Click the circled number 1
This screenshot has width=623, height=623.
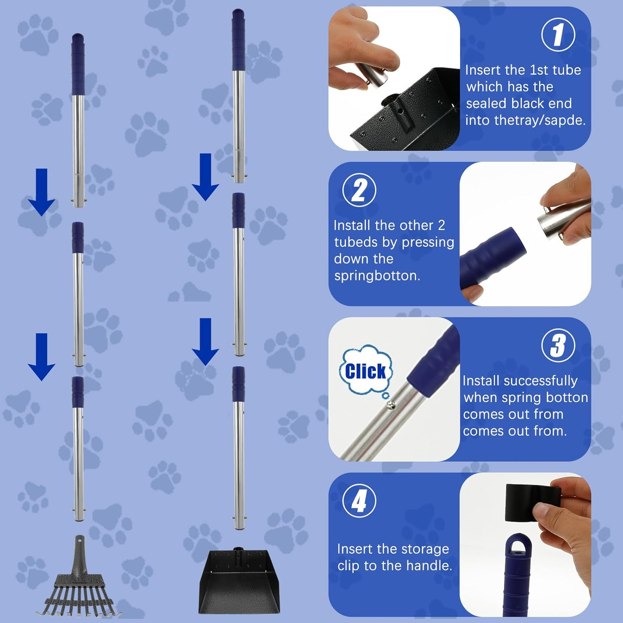(558, 34)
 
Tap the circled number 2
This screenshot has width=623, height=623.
(359, 190)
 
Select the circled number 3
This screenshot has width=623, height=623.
(558, 345)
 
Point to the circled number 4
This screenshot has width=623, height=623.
(359, 500)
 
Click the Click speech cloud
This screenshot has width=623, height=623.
(365, 370)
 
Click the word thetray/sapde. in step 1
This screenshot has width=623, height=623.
(525, 120)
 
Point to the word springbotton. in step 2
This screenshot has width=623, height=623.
(377, 275)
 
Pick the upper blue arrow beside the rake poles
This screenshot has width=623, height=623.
(42, 192)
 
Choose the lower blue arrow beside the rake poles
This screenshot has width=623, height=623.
(42, 356)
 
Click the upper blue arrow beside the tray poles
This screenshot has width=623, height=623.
(206, 177)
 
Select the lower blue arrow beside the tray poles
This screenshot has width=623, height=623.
(206, 341)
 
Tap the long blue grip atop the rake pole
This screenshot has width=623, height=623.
(78, 64)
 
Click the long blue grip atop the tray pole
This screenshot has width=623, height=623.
(238, 39)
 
